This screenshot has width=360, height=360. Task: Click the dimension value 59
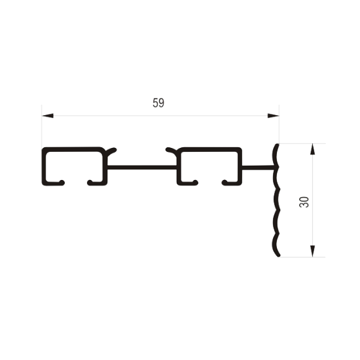pyautogui.click(x=158, y=103)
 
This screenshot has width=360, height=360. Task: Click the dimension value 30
pyautogui.click(x=304, y=202)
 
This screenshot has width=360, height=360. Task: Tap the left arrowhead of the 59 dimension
pyautogui.click(x=48, y=115)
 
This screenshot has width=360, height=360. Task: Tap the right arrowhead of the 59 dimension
pyautogui.click(x=273, y=115)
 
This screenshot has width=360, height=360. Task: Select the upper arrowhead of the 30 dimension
pyautogui.click(x=312, y=149)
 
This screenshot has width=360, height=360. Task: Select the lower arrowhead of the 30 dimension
pyautogui.click(x=312, y=251)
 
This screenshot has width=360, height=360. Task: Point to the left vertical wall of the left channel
pyautogui.click(x=44, y=166)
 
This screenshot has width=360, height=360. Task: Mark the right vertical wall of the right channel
pyautogui.click(x=240, y=166)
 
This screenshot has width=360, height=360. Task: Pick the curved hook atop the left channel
pyautogui.click(x=111, y=151)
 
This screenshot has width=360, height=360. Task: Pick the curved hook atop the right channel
pyautogui.click(x=171, y=151)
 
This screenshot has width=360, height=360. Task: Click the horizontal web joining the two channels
pyautogui.click(x=142, y=168)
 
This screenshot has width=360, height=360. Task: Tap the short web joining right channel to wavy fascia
pyautogui.click(x=258, y=168)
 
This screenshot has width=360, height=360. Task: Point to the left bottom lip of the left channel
pyautogui.click(x=54, y=183)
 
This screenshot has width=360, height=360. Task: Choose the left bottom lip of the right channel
pyautogui.click(x=188, y=183)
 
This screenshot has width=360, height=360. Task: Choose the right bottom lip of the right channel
pyautogui.click(x=232, y=183)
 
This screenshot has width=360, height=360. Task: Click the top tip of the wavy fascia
pyautogui.click(x=278, y=145)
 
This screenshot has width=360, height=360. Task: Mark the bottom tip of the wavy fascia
pyautogui.click(x=279, y=255)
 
